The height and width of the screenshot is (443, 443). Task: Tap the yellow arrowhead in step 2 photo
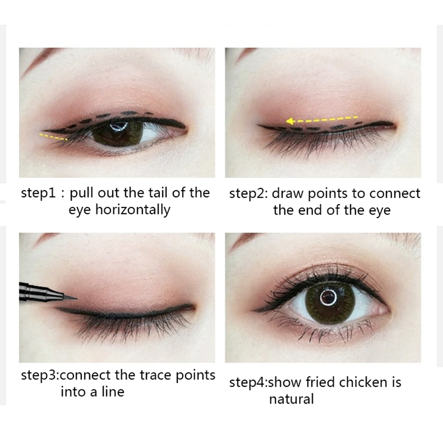pyautogui.click(x=289, y=122)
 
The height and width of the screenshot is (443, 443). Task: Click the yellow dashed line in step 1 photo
pyautogui.click(x=53, y=137)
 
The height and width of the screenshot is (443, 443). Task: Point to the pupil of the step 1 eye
pyautogui.click(x=118, y=130)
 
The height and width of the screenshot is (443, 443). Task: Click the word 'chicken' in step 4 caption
pyautogui.click(x=363, y=382)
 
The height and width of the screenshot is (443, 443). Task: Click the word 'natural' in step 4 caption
pyautogui.click(x=291, y=399)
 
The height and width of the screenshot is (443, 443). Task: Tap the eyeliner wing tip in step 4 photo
pyautogui.click(x=253, y=311)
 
